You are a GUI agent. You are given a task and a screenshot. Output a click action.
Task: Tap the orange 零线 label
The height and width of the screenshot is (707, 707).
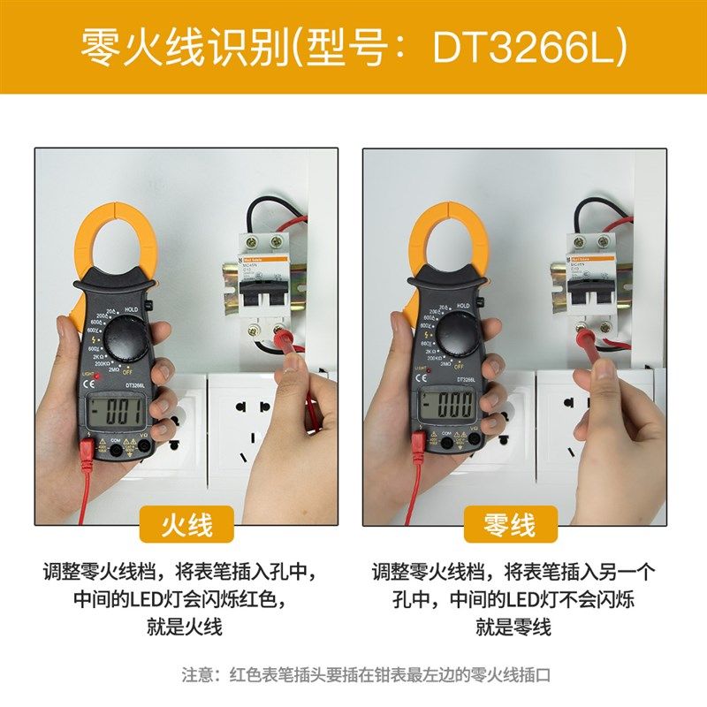(510, 524)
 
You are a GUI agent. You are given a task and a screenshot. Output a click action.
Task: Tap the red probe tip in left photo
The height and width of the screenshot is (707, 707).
(285, 335)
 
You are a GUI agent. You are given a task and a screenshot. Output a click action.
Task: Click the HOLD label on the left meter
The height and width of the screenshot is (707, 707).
(132, 309)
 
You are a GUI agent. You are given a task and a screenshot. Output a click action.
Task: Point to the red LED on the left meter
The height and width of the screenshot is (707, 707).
(97, 378)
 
